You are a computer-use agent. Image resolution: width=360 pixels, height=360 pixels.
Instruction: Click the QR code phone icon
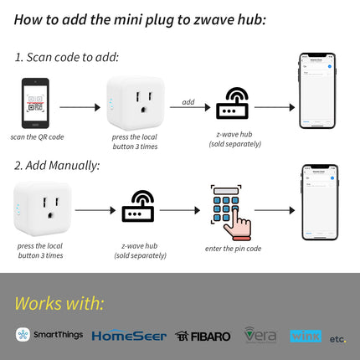[35, 103]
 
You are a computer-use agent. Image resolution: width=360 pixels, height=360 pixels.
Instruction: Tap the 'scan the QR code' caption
[37, 136]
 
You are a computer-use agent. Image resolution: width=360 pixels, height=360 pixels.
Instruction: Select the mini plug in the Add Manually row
[42, 208]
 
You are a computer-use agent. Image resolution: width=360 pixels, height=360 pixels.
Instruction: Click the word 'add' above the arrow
[188, 101]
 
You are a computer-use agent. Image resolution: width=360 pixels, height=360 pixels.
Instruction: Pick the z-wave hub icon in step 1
[233, 105]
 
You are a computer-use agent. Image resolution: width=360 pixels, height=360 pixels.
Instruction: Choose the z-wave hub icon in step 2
[138, 207]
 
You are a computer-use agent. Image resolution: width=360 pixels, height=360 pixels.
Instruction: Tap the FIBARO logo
[203, 336]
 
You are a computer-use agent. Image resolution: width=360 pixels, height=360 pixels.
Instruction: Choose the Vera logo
[260, 335]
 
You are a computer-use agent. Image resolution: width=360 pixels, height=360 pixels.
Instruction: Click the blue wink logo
[306, 336]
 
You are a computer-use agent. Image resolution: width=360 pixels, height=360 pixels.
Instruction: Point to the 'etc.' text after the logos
[337, 338]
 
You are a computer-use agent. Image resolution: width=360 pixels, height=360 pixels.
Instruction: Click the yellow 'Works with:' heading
[59, 302]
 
